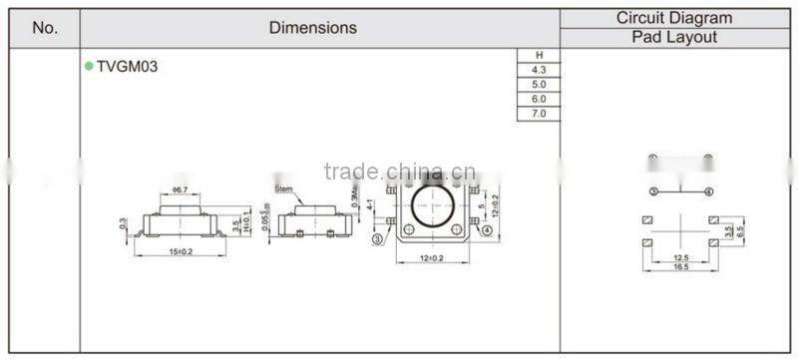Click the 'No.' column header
coord(45,28)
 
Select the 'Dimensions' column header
coord(312,28)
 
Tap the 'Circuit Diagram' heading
coord(674,18)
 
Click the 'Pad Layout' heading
coord(674,38)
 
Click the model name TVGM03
coord(127,67)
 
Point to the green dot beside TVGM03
coord(89,66)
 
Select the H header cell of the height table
coord(539,55)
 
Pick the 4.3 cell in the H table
coord(539,70)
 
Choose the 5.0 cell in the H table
coord(539,85)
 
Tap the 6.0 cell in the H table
coord(539,100)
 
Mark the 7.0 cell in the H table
coord(539,115)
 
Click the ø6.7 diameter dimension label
coord(181,189)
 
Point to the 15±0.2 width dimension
coord(181,251)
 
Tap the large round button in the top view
coord(432,211)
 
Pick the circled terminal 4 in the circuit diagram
coord(708,190)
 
